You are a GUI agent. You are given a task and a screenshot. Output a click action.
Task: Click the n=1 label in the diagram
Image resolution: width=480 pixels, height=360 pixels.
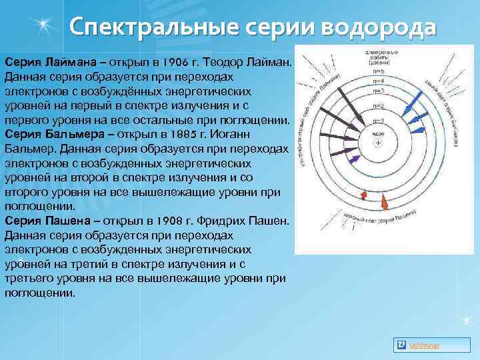[x=377, y=121]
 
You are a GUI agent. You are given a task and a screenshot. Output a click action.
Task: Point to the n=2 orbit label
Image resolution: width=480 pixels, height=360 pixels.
[x=377, y=106]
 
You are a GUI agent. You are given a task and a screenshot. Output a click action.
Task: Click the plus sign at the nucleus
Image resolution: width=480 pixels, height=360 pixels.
[x=378, y=143]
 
